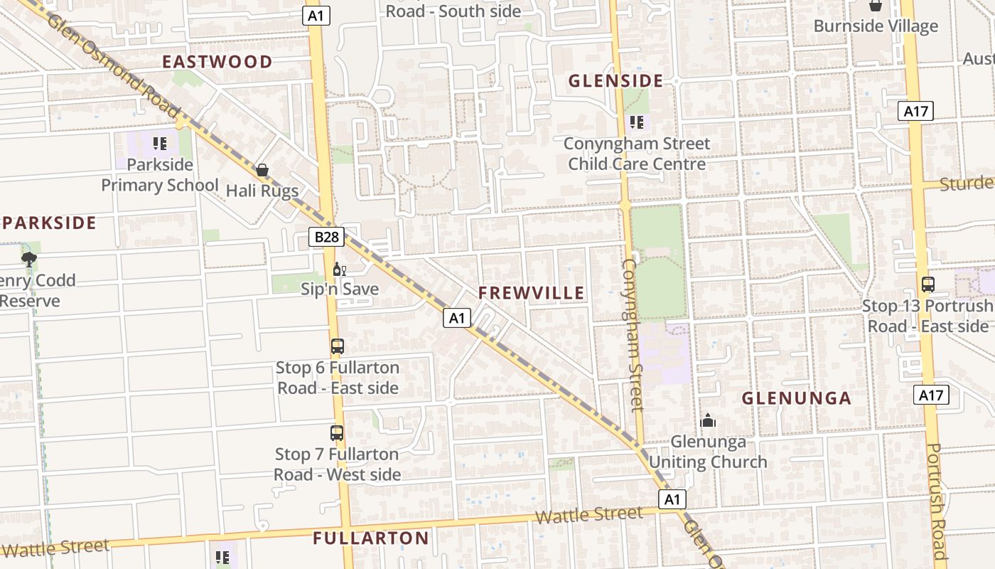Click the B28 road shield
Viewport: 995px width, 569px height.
point(326,237)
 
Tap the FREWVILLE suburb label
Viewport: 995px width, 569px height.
point(531,293)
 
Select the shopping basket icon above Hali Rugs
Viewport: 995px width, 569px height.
point(262,170)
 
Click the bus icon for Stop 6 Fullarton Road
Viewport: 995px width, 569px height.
point(338,346)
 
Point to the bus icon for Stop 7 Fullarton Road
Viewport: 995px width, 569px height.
point(337,432)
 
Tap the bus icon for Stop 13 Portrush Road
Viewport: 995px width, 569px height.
point(927,284)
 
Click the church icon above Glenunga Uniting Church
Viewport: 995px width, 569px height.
point(708,420)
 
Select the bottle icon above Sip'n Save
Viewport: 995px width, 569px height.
point(339,269)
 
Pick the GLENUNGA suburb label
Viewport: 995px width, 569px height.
point(797,398)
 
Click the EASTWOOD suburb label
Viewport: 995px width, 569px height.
point(217,62)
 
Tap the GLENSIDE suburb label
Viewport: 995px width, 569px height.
point(615,81)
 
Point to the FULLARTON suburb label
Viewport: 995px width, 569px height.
point(371,538)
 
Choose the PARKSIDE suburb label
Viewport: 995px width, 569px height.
point(49,223)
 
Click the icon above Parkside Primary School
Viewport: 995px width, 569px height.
point(160,144)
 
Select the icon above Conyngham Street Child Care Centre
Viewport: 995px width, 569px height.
point(637,122)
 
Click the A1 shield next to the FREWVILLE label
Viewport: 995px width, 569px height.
point(457,318)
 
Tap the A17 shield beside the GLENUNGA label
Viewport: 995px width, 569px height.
point(930,395)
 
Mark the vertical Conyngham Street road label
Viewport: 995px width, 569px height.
point(633,334)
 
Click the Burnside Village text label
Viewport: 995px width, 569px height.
point(876,26)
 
